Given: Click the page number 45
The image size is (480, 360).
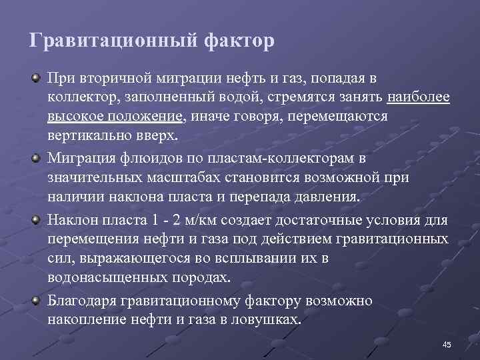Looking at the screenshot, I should (x=447, y=344).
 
